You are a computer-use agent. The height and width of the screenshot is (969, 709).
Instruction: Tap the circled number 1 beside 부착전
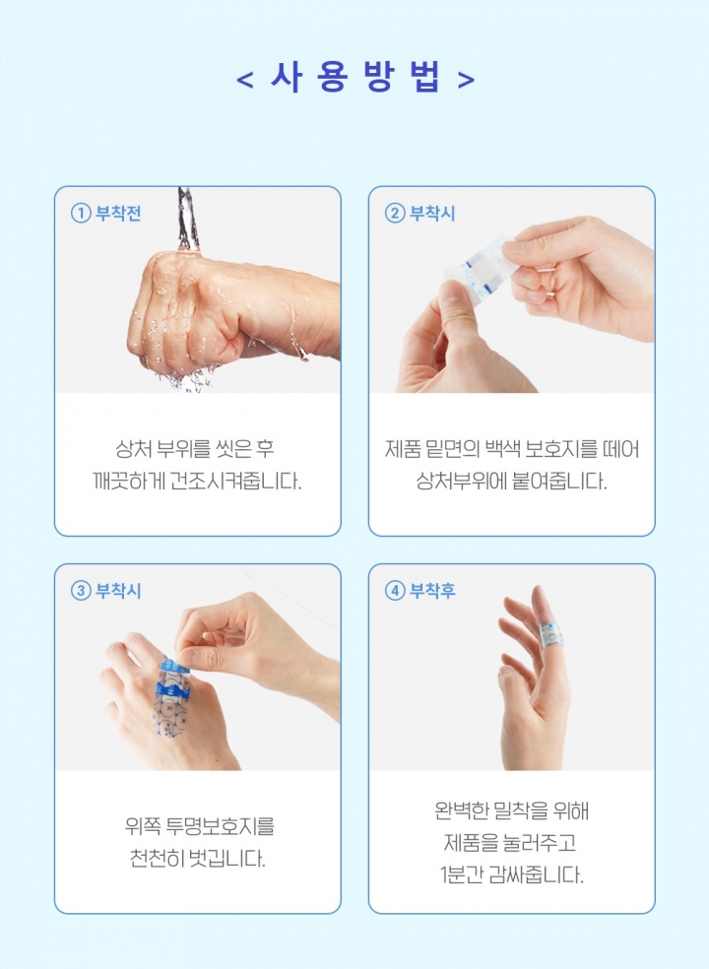coord(81,214)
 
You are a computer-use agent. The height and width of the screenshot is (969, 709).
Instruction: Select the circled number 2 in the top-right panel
coord(394,214)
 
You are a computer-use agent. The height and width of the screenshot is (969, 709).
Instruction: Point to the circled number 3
coord(81,591)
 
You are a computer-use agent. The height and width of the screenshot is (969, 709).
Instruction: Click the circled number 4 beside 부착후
coord(394,591)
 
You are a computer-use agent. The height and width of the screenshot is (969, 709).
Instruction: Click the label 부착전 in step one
coord(118,214)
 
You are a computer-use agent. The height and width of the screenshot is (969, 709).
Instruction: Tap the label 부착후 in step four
coord(432,591)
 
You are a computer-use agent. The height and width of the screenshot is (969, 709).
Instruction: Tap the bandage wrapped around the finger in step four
coord(549,633)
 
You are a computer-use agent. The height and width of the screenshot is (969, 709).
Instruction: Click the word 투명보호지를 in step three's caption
coord(221,825)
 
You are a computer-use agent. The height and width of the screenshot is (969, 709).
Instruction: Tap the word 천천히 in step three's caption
coord(156,859)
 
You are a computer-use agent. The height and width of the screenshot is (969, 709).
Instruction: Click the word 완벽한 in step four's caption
coord(462,809)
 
